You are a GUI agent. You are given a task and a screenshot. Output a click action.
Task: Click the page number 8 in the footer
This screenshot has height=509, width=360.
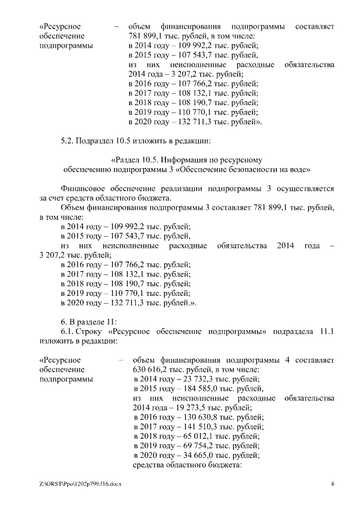click(x=332, y=484)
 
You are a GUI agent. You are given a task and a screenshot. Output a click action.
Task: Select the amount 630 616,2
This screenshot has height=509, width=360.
click(x=151, y=370)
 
